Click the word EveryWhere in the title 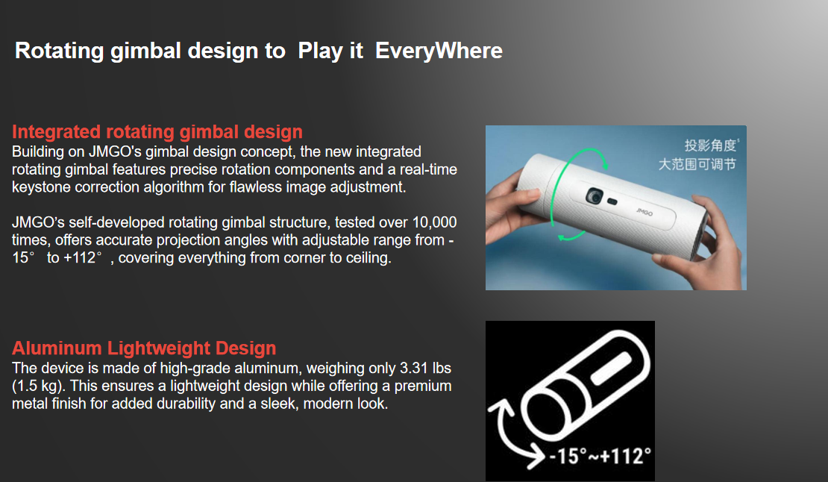point(439,51)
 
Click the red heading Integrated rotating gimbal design point(157,131)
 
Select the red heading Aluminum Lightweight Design point(144,348)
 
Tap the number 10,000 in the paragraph point(435,222)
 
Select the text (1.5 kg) point(39,386)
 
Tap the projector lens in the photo point(595,196)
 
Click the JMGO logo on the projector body point(644,212)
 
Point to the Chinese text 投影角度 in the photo point(711,145)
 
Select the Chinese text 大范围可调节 point(697,164)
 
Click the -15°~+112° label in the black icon point(600,456)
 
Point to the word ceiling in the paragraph point(368,257)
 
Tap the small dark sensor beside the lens point(612,201)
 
